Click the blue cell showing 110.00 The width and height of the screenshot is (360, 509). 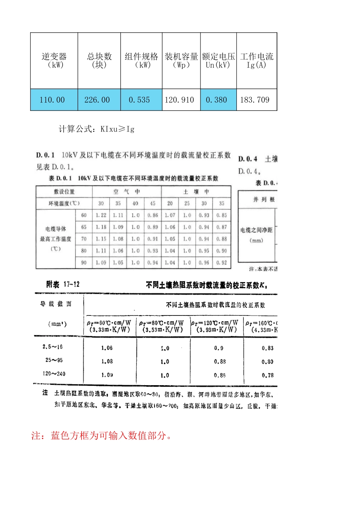52,100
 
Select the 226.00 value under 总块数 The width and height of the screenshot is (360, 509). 97,100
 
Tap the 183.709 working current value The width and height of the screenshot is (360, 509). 255,100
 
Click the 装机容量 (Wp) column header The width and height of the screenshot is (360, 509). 181,61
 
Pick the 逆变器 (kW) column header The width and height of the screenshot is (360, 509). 54,61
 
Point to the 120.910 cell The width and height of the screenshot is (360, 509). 179,100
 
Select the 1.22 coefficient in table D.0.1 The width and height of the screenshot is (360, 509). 101,215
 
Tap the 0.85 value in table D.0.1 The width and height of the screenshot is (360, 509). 222,215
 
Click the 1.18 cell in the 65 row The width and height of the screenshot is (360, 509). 101,227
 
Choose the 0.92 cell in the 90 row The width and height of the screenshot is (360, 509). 222,262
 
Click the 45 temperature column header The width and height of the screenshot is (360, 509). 153,203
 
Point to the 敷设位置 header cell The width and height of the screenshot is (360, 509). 64,192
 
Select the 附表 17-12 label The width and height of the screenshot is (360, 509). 63,284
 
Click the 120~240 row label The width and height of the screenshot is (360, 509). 54,374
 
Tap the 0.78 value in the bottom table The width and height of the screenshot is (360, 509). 268,375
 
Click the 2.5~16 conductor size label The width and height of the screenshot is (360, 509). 53,347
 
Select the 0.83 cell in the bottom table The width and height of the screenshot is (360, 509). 268,348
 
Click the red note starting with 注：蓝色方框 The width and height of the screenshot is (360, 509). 102,436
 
